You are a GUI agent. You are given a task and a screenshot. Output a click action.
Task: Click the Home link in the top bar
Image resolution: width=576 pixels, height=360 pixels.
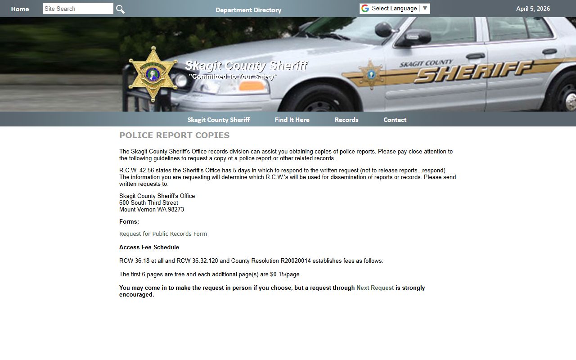[20, 9]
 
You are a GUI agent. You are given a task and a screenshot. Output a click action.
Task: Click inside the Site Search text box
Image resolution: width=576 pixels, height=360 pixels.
[78, 9]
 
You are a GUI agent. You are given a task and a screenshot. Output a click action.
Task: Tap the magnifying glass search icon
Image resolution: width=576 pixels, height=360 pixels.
[120, 9]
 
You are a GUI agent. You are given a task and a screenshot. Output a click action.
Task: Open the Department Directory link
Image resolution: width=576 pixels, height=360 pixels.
[248, 10]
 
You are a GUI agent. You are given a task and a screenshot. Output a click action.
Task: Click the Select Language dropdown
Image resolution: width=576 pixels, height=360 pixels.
[395, 9]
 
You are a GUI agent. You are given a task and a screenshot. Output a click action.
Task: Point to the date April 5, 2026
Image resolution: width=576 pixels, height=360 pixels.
[533, 9]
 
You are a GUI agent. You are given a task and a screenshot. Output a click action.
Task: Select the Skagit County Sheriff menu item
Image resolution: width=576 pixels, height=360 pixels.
[218, 120]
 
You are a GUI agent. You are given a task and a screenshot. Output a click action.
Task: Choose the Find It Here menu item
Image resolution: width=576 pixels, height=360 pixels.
[292, 120]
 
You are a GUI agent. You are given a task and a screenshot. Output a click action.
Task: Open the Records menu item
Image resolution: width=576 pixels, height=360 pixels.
[346, 120]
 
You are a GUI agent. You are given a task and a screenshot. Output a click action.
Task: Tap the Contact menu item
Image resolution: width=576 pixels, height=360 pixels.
[395, 120]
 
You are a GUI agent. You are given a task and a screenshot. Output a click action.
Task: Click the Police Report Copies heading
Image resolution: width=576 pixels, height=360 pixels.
[174, 135]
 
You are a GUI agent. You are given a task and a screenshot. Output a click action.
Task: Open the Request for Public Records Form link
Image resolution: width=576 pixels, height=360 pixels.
[163, 234]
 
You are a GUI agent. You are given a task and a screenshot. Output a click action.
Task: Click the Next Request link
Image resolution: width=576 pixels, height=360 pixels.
[375, 288]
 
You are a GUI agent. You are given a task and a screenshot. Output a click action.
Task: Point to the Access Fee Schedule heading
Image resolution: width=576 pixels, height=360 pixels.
[149, 247]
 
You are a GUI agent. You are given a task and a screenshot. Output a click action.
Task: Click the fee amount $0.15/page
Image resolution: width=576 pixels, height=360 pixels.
[284, 274]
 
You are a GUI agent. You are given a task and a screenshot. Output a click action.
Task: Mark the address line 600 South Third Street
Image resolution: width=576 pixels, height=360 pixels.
[148, 203]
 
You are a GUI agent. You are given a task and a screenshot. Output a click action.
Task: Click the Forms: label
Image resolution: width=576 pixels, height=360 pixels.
[129, 222]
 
